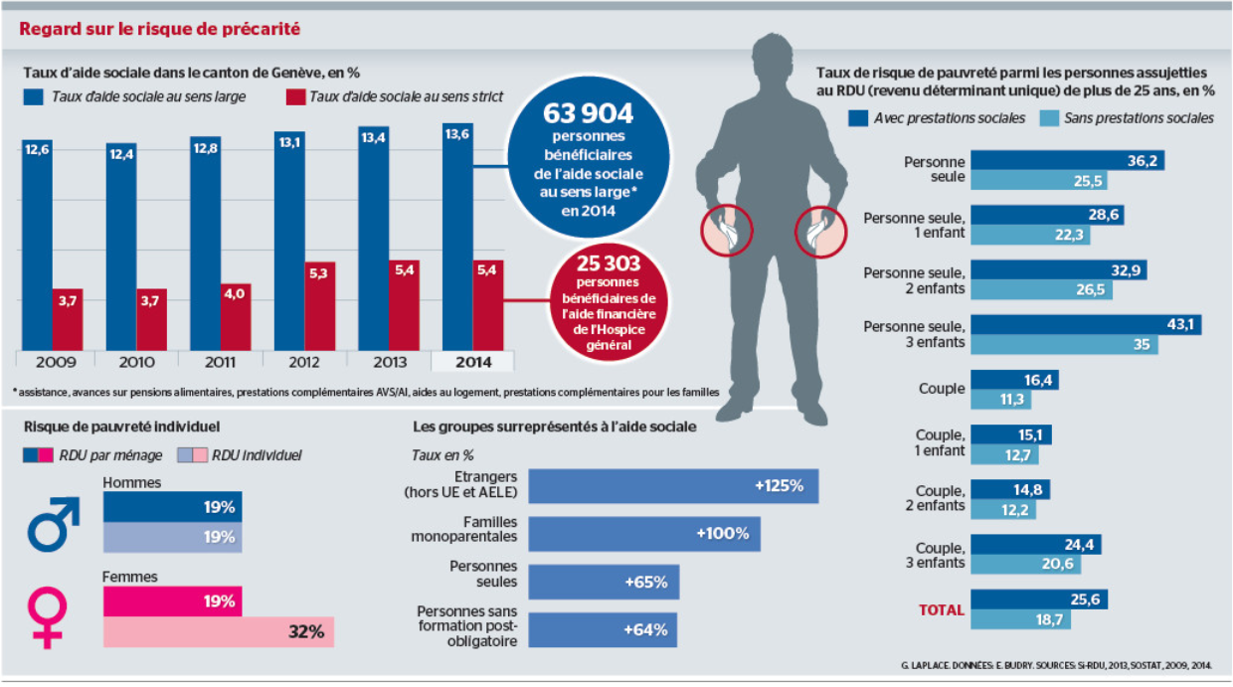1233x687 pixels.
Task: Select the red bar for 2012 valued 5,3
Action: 319,306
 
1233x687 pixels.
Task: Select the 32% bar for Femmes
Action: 219,631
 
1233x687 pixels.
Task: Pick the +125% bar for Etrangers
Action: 673,486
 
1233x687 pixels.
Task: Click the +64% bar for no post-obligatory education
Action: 604,629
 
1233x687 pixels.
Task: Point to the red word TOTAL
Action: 940,609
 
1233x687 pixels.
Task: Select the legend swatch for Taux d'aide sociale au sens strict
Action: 295,96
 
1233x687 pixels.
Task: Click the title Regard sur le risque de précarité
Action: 160,29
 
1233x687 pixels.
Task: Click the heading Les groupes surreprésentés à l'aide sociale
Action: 554,427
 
